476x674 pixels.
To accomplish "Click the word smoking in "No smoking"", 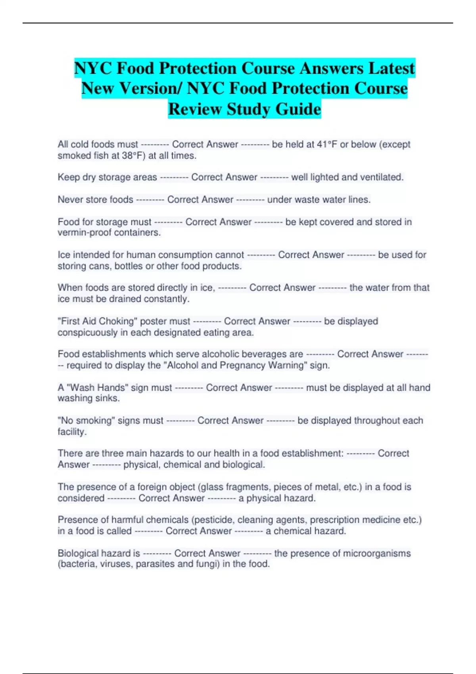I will point(94,420).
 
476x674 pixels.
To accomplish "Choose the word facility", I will point(72,431).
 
